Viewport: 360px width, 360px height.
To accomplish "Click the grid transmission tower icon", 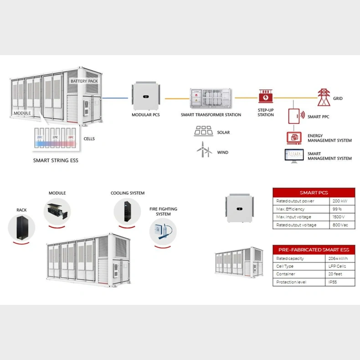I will tap(324, 97).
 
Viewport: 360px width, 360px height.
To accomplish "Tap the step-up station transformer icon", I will tap(265, 96).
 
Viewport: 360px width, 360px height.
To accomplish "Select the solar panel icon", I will tap(203, 131).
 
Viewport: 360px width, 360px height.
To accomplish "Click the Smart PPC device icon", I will tap(295, 116).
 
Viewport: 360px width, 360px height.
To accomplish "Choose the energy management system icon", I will tap(293, 137).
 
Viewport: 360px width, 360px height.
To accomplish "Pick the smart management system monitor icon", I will tap(293, 155).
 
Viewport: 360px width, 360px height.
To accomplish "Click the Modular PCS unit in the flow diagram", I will tap(146, 97).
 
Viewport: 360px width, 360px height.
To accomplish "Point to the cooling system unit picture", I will tap(127, 211).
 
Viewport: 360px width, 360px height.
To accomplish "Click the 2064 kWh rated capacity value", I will tap(338, 258).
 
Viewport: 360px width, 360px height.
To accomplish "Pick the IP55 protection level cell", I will tap(338, 282).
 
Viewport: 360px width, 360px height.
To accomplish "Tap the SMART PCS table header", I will tap(314, 192).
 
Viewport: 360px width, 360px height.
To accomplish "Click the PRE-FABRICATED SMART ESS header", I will tap(314, 250).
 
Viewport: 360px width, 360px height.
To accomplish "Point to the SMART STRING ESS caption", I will tap(56, 160).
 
